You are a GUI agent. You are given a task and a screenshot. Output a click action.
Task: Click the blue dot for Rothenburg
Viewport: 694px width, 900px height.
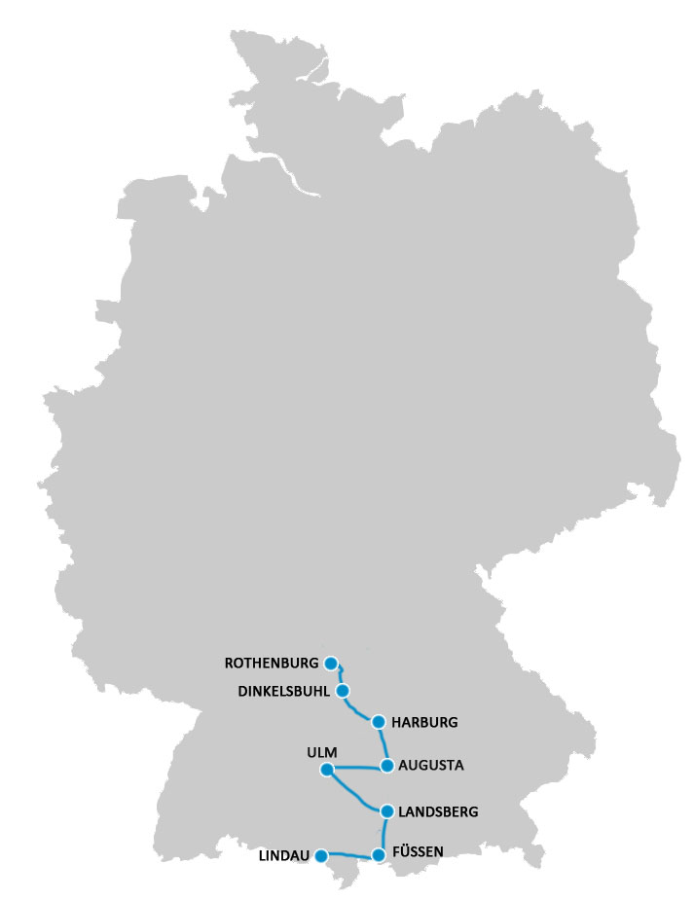click(331, 664)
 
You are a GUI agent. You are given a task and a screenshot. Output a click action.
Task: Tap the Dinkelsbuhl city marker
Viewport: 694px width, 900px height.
click(343, 691)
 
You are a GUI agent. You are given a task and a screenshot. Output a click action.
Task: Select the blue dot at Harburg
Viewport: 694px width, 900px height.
click(379, 722)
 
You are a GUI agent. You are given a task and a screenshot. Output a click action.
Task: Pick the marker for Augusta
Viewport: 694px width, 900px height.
click(387, 766)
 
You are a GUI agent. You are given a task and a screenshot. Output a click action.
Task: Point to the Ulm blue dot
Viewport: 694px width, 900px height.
click(326, 771)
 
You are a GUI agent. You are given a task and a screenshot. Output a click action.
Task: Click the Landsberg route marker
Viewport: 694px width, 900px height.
click(387, 810)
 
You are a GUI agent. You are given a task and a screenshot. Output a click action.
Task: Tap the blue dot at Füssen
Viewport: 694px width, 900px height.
click(379, 855)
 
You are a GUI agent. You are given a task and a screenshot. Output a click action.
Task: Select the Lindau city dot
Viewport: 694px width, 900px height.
click(321, 856)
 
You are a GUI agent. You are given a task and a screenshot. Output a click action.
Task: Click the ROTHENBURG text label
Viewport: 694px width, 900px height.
click(272, 664)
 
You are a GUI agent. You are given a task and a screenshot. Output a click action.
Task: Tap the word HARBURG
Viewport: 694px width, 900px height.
click(423, 723)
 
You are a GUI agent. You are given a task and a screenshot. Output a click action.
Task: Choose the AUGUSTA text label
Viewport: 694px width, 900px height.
click(431, 766)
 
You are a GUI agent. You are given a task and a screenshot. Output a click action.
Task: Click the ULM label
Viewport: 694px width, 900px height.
click(320, 751)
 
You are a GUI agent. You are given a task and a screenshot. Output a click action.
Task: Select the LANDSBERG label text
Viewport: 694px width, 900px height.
click(438, 810)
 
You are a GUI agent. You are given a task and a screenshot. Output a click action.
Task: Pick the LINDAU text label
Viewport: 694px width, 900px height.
click(284, 857)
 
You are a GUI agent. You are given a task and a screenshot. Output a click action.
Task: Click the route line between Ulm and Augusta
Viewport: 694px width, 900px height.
click(357, 768)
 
